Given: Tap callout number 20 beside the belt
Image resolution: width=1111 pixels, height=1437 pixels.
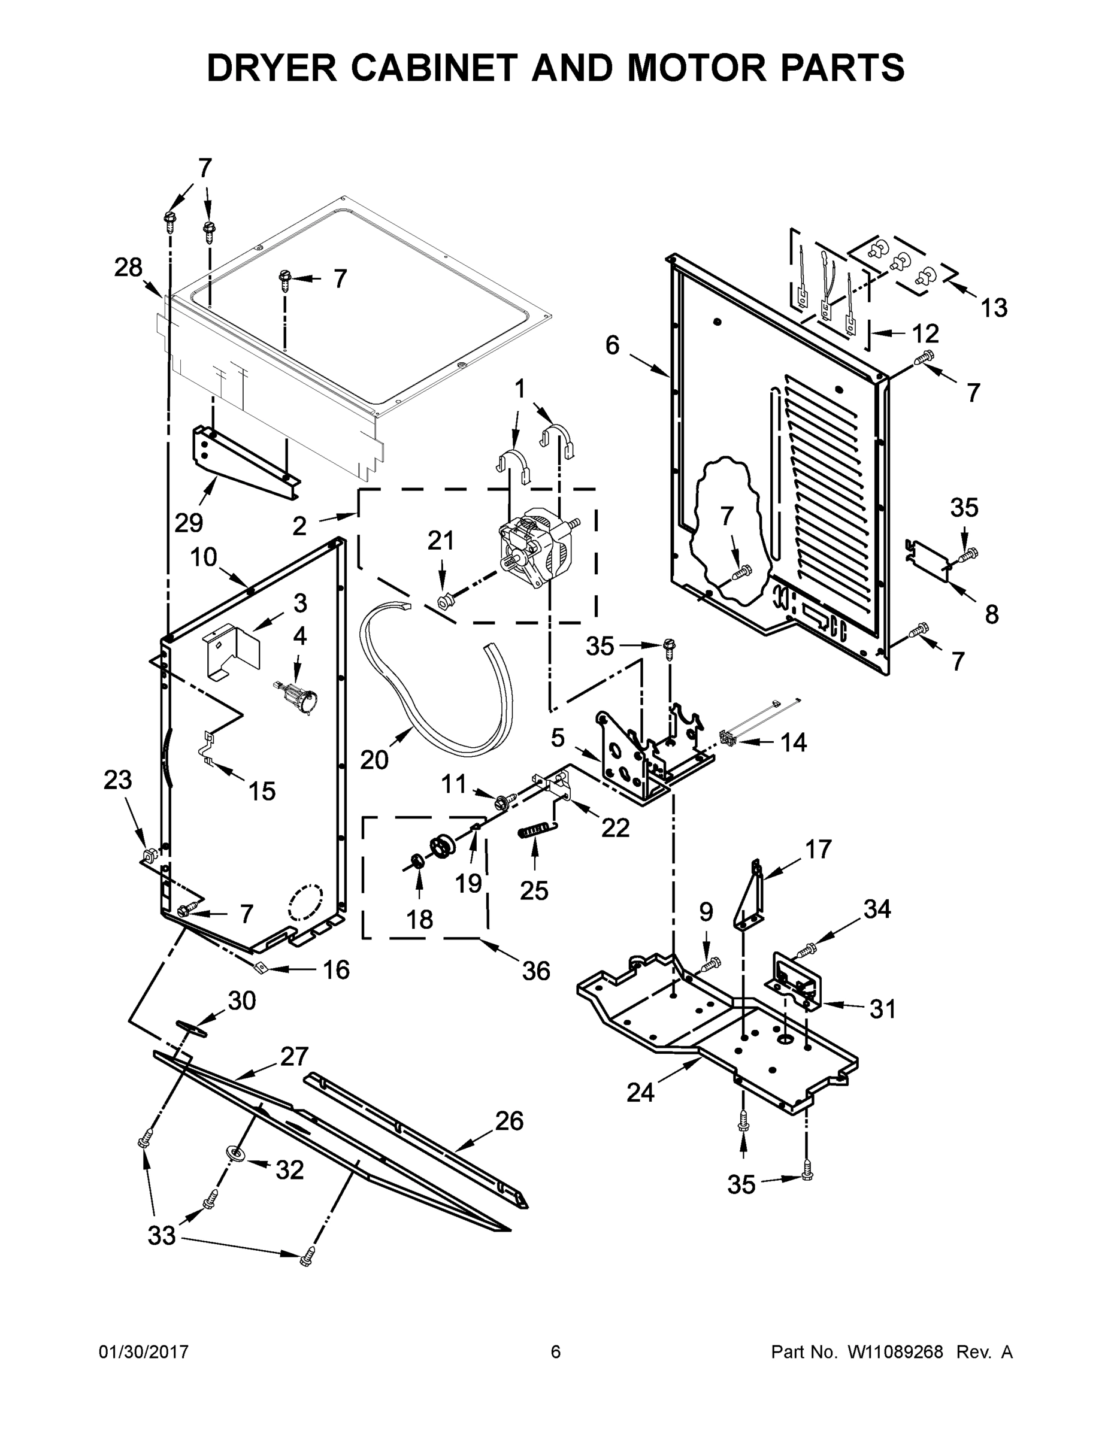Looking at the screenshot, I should pos(374,760).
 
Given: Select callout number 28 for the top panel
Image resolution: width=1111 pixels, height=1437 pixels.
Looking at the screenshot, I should pos(128,267).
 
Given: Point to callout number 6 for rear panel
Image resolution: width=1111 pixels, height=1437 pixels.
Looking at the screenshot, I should pos(612,345).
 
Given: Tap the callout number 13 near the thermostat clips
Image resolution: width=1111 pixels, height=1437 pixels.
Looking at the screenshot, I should pos(994,307).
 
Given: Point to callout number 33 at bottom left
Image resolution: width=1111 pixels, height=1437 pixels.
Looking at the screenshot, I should pos(161,1236).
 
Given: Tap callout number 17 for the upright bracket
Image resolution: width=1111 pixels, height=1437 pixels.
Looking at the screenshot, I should pos(819,850).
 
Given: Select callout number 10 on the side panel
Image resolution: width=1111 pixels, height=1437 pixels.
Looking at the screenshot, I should pos(204,557).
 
